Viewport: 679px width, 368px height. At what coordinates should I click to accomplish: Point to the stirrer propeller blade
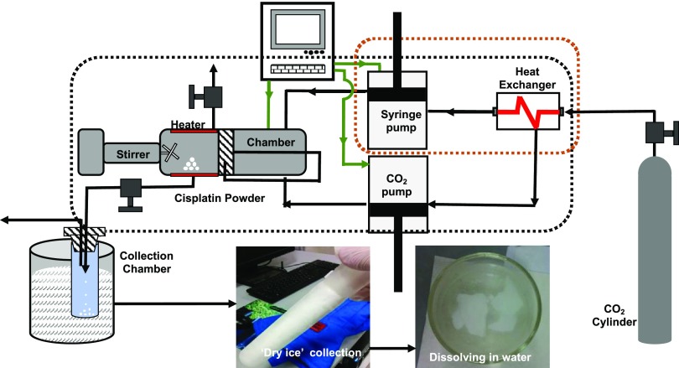click(x=170, y=151)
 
